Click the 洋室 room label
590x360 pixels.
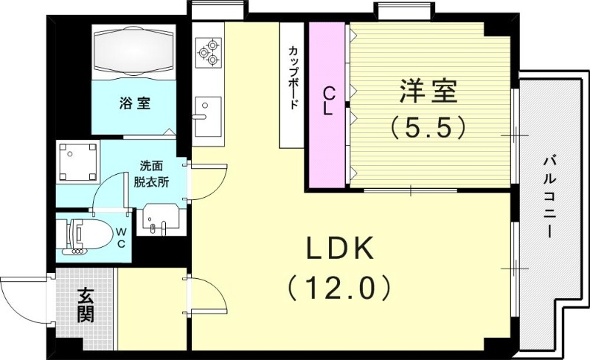pyautogui.click(x=428, y=91)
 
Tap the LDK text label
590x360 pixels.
pyautogui.click(x=341, y=248)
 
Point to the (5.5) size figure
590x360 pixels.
pyautogui.click(x=428, y=128)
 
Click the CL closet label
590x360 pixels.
pyautogui.click(x=328, y=101)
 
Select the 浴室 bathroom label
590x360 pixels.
pyautogui.click(x=135, y=103)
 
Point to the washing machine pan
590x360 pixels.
pyautogui.click(x=78, y=162)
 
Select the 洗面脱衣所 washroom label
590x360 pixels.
pyautogui.click(x=152, y=174)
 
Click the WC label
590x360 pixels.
pyautogui.click(x=121, y=238)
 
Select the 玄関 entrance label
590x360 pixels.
pyautogui.click(x=85, y=306)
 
